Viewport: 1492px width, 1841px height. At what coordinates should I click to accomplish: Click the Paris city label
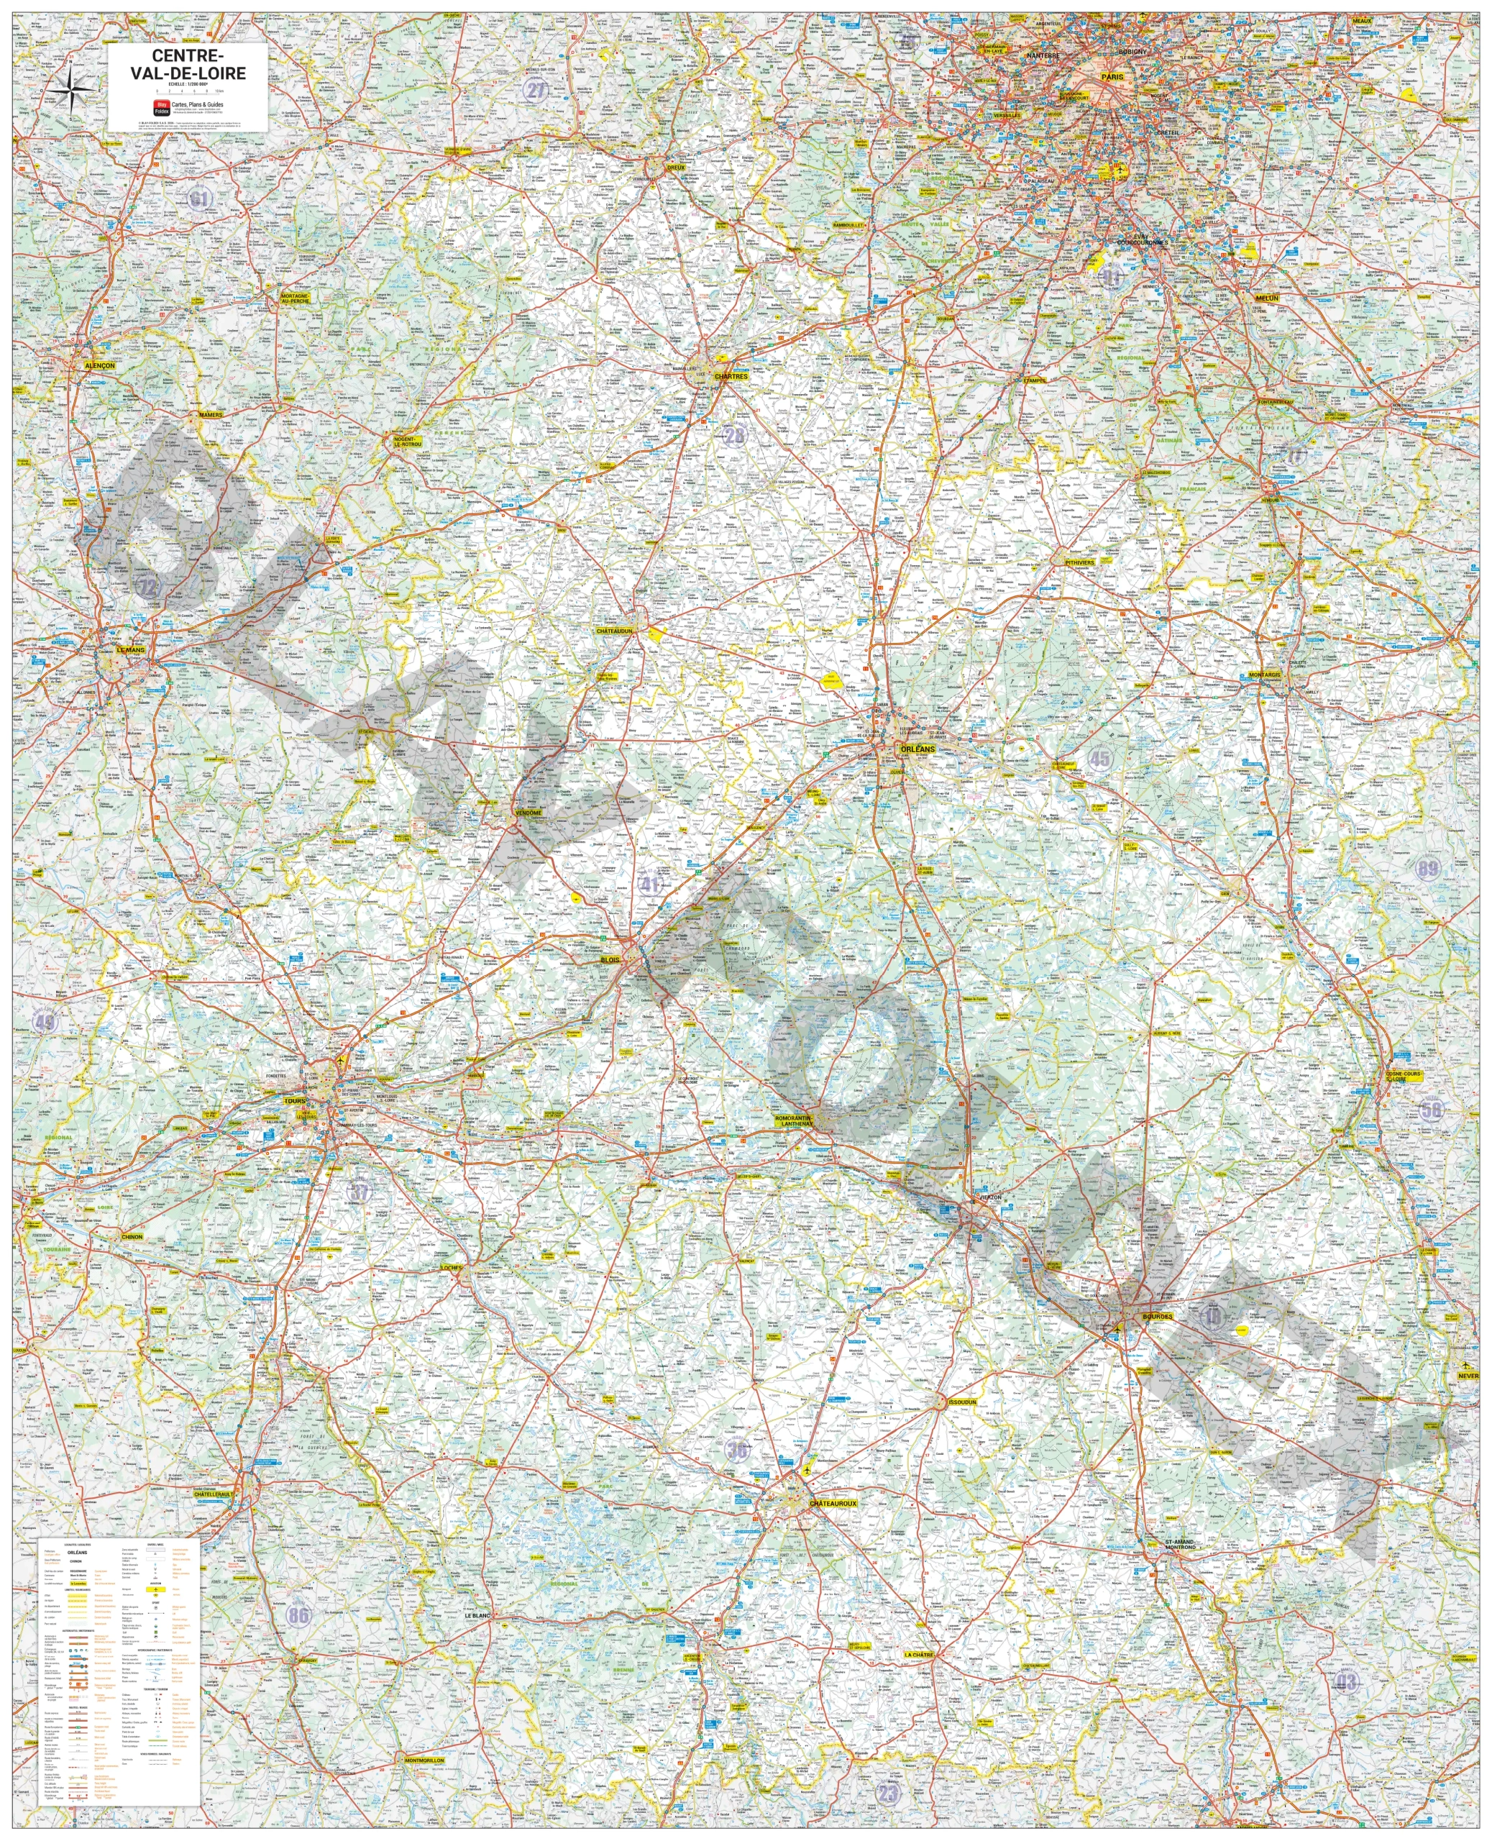click(1113, 76)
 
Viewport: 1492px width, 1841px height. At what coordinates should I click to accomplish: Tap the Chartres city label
click(731, 376)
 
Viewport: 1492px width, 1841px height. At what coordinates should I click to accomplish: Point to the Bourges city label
click(1157, 1316)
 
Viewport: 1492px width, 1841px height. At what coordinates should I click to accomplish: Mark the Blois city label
click(610, 959)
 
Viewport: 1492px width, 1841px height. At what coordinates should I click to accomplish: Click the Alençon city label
click(100, 365)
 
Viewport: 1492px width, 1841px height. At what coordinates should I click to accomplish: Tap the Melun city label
click(1267, 298)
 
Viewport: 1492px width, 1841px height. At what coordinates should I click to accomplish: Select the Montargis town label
click(1264, 675)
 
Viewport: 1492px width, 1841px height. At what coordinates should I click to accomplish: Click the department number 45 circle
click(1099, 758)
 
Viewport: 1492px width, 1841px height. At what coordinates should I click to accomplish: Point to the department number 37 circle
click(361, 1191)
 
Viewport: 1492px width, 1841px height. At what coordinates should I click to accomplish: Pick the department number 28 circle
click(735, 435)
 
